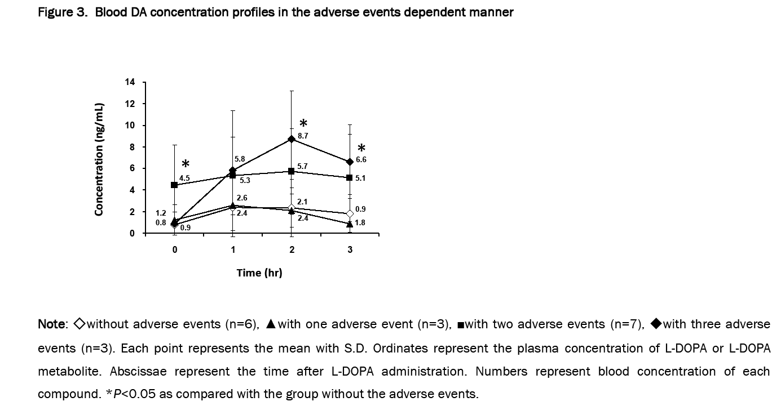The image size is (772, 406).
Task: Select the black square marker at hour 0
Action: (x=174, y=185)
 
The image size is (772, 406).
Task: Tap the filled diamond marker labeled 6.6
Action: (x=350, y=162)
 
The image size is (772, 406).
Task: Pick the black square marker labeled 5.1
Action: (x=350, y=178)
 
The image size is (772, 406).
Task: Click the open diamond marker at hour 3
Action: (x=350, y=214)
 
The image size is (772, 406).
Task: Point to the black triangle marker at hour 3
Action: (x=350, y=224)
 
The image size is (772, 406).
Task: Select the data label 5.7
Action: (x=302, y=166)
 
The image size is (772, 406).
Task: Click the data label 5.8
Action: (x=240, y=159)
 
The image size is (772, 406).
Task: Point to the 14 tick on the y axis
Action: (x=130, y=83)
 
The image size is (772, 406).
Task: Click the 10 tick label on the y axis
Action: (x=130, y=126)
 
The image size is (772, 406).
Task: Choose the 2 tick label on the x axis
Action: (x=292, y=250)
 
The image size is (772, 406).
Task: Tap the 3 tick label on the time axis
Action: (x=350, y=250)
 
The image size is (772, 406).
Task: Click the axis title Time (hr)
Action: (x=259, y=273)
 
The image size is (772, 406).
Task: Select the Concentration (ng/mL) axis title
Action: (x=99, y=159)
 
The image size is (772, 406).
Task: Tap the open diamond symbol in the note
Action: (x=79, y=324)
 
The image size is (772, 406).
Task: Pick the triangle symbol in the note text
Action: (x=271, y=324)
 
